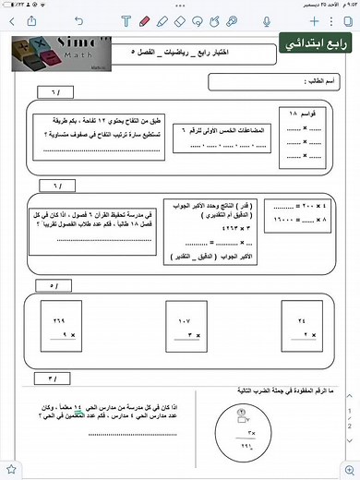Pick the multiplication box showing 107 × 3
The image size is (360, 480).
coord(183,330)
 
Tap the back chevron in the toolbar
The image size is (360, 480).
coord(11,19)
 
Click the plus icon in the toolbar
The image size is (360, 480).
coord(314,19)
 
